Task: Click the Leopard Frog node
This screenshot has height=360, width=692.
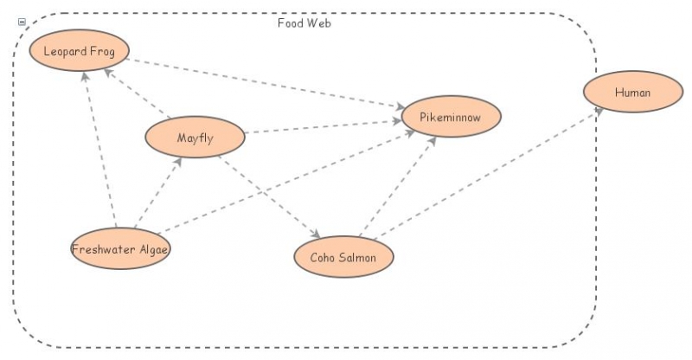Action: (79, 51)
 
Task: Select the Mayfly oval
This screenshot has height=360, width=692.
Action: (195, 138)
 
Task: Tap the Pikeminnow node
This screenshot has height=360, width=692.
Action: (451, 116)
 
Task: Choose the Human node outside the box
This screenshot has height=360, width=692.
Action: (632, 93)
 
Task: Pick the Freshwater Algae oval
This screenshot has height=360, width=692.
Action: (120, 249)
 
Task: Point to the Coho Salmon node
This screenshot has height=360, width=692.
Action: (344, 256)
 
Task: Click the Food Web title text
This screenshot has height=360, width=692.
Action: (304, 23)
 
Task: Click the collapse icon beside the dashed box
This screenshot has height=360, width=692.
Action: (22, 22)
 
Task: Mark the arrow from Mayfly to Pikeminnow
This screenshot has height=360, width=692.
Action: (324, 126)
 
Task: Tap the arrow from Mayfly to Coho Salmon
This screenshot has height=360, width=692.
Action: (268, 195)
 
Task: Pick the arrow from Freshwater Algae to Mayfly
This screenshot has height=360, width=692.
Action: (157, 193)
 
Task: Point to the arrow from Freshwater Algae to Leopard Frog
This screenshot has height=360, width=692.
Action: (99, 147)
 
